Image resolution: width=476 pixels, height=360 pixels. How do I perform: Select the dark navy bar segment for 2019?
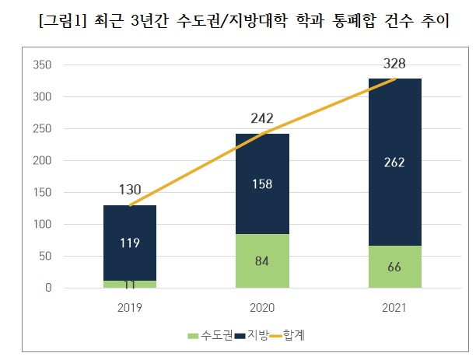pyautogui.click(x=129, y=225)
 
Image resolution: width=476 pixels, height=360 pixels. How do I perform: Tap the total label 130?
pyautogui.click(x=130, y=190)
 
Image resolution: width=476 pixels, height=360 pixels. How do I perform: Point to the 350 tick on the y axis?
pyautogui.click(x=43, y=65)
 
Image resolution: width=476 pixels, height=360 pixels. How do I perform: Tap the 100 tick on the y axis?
pyautogui.click(x=43, y=225)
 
